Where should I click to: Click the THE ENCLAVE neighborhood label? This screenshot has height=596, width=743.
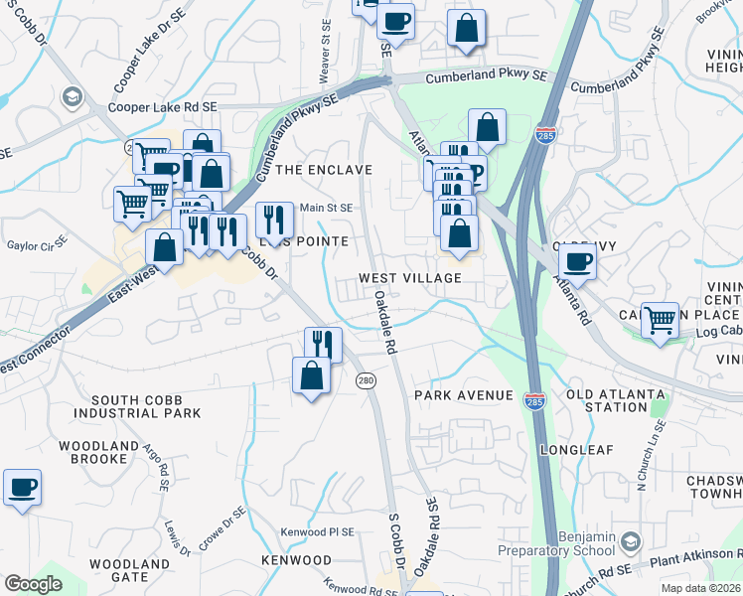[323, 170]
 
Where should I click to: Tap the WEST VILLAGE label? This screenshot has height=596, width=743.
[410, 278]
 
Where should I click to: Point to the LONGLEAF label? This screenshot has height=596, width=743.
[572, 450]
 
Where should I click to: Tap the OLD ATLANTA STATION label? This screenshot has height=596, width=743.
[615, 400]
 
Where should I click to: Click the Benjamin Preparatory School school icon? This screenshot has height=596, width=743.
[632, 541]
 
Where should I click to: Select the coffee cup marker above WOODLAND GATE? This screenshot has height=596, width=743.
[22, 489]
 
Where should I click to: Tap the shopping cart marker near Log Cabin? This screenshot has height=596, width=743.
[660, 320]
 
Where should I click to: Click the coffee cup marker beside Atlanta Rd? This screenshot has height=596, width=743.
[576, 262]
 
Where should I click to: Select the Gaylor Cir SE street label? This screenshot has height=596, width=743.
[37, 243]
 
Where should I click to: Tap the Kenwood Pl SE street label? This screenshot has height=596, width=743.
[317, 532]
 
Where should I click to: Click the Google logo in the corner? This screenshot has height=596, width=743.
[34, 583]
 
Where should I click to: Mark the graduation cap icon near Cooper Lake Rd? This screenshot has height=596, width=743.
[71, 96]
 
